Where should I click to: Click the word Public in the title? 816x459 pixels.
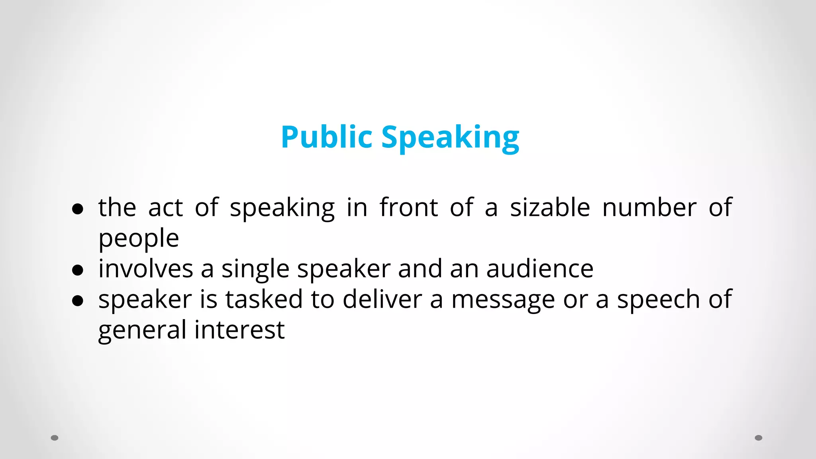[326, 137]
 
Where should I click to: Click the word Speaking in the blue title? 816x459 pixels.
[450, 138]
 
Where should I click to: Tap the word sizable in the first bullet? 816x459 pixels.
[550, 208]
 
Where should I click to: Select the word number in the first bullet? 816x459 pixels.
[649, 208]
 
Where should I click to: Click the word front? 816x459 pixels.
[409, 208]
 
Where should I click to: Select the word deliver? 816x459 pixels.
[382, 299]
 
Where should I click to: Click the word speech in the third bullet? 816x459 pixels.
[658, 300]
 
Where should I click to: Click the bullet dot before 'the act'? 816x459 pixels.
[78, 209]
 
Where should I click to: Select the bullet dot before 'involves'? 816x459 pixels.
[78, 270]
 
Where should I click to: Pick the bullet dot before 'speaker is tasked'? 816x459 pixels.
[78, 301]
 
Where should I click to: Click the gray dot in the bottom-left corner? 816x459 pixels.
[55, 438]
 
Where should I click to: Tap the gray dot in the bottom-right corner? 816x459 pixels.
[759, 438]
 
